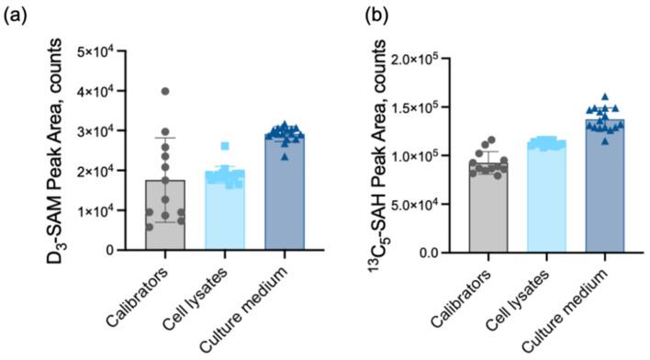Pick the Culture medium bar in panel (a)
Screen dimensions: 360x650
click(x=284, y=193)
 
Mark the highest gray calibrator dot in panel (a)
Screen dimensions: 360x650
click(x=165, y=91)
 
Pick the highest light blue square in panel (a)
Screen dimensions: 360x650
click(x=225, y=146)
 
